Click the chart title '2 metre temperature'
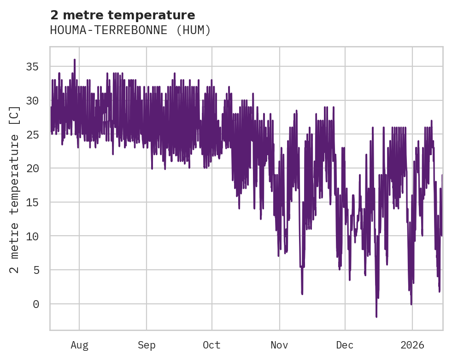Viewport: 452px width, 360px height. (123, 15)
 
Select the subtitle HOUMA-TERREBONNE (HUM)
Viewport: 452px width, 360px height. (130, 30)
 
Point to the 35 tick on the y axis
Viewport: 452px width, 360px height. (33, 67)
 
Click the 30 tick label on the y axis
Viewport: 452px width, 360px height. (33, 101)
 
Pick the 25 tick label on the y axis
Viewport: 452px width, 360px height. (33, 135)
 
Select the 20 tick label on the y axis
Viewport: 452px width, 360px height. (33, 168)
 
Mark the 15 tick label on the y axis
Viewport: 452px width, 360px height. (33, 203)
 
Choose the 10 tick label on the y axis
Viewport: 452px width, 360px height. (33, 236)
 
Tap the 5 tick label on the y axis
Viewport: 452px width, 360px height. (36, 270)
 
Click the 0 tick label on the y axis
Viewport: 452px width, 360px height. (36, 304)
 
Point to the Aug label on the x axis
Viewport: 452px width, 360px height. (79, 345)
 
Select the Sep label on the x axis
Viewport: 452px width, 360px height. (147, 345)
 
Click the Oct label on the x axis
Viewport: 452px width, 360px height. (211, 345)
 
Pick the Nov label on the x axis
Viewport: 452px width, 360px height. (279, 345)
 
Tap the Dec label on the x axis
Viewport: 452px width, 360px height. (345, 345)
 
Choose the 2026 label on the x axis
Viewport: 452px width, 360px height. (412, 345)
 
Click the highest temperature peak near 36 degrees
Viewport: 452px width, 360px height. (74, 60)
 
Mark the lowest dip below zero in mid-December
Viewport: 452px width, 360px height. (376, 316)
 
